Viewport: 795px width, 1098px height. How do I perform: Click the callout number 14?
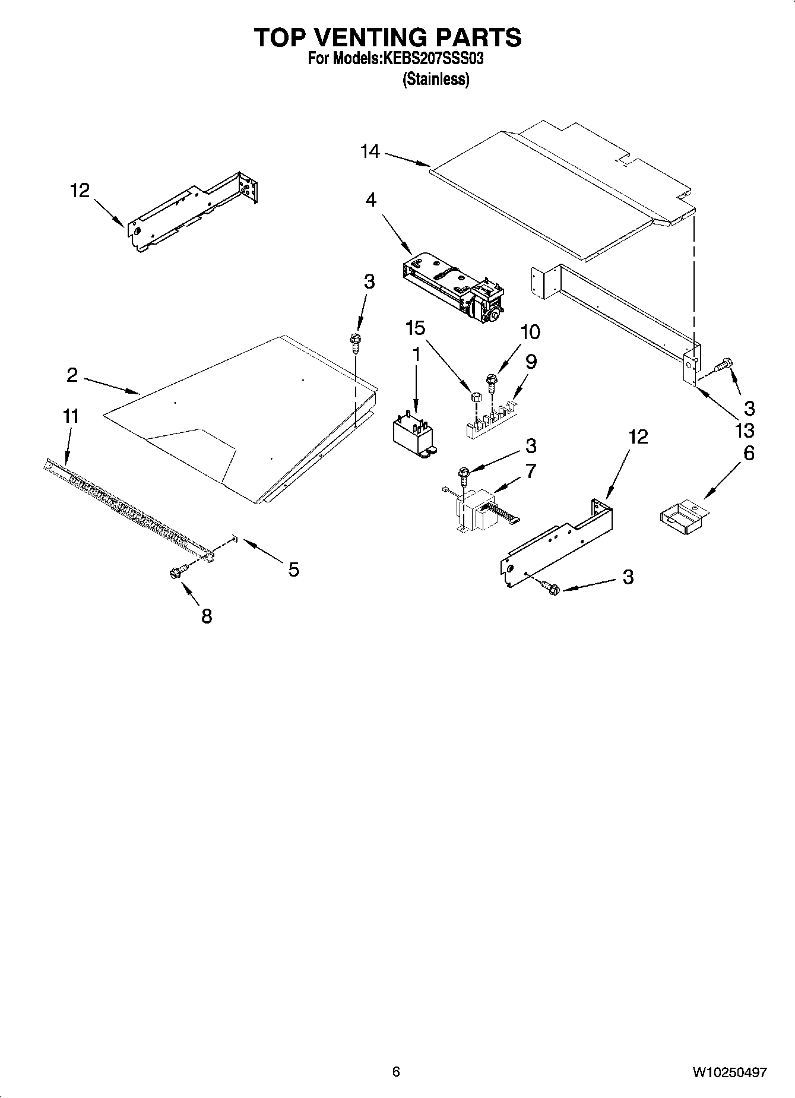370,152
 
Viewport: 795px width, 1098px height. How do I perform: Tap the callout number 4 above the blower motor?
370,200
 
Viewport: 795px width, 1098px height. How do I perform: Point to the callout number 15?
416,328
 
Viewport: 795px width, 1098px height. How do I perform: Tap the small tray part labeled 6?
683,514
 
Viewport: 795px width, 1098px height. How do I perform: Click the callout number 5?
293,570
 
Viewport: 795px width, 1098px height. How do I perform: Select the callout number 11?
71,416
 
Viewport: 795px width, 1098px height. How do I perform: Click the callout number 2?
72,375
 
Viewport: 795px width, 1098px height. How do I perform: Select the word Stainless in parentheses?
436,80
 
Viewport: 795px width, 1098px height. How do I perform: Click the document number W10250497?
729,1072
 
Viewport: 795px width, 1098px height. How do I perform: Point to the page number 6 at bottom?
396,1071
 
